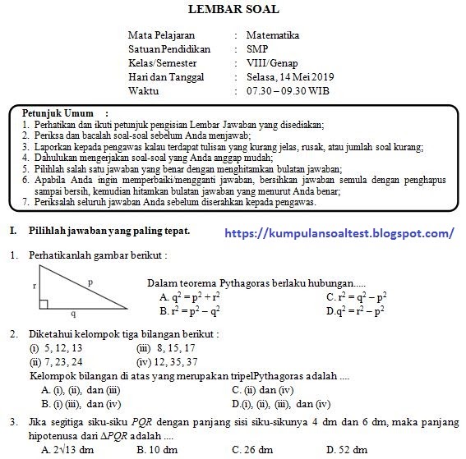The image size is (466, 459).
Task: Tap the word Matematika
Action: [x=273, y=35]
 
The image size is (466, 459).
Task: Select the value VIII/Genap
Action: [x=272, y=63]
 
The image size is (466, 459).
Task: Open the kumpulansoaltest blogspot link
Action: [x=339, y=233]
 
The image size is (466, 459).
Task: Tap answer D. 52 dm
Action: [x=349, y=450]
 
